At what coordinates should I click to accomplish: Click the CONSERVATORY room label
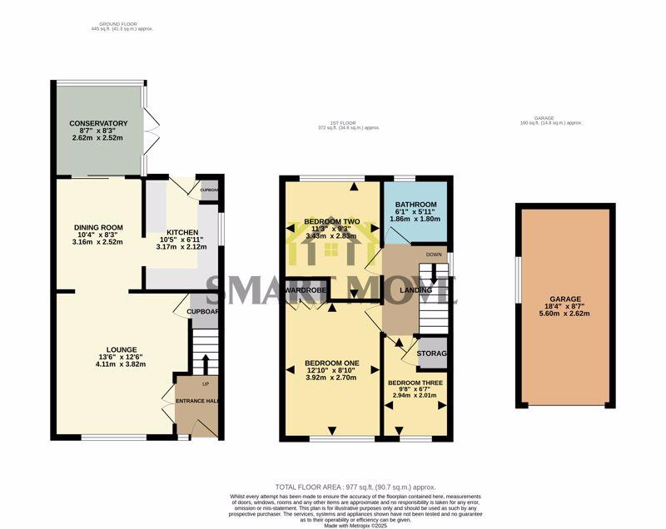click(98, 123)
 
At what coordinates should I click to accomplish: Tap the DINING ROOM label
click(98, 227)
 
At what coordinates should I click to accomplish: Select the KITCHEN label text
click(181, 232)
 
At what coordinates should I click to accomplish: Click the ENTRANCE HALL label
click(196, 402)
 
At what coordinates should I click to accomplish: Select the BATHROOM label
click(415, 205)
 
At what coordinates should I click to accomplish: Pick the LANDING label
click(415, 290)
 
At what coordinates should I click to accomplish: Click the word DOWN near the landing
click(434, 255)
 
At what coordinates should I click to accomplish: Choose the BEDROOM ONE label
click(331, 363)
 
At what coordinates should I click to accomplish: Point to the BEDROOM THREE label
click(416, 383)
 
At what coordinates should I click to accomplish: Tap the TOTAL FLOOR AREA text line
click(355, 487)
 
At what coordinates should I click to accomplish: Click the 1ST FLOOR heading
click(336, 123)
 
